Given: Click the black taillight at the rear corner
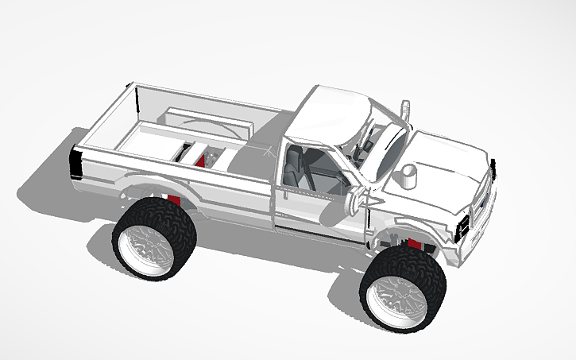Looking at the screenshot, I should point(76,163).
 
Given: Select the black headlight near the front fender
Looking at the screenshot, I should point(462,227).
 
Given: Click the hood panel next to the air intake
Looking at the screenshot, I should point(445,159).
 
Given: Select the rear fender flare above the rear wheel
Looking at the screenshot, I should point(147,188).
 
